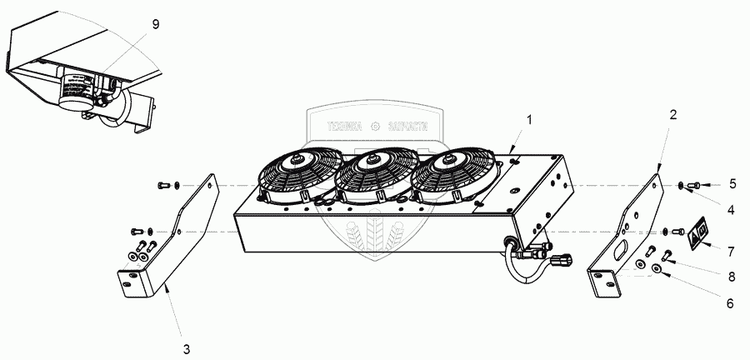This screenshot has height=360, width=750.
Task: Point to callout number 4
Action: point(730,209)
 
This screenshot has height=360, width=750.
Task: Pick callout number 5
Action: point(732,183)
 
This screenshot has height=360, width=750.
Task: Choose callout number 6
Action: point(729,304)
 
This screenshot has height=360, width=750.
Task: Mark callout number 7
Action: point(730,250)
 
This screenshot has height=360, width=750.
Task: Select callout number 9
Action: point(155,25)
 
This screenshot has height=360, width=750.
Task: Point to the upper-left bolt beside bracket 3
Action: point(163,184)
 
